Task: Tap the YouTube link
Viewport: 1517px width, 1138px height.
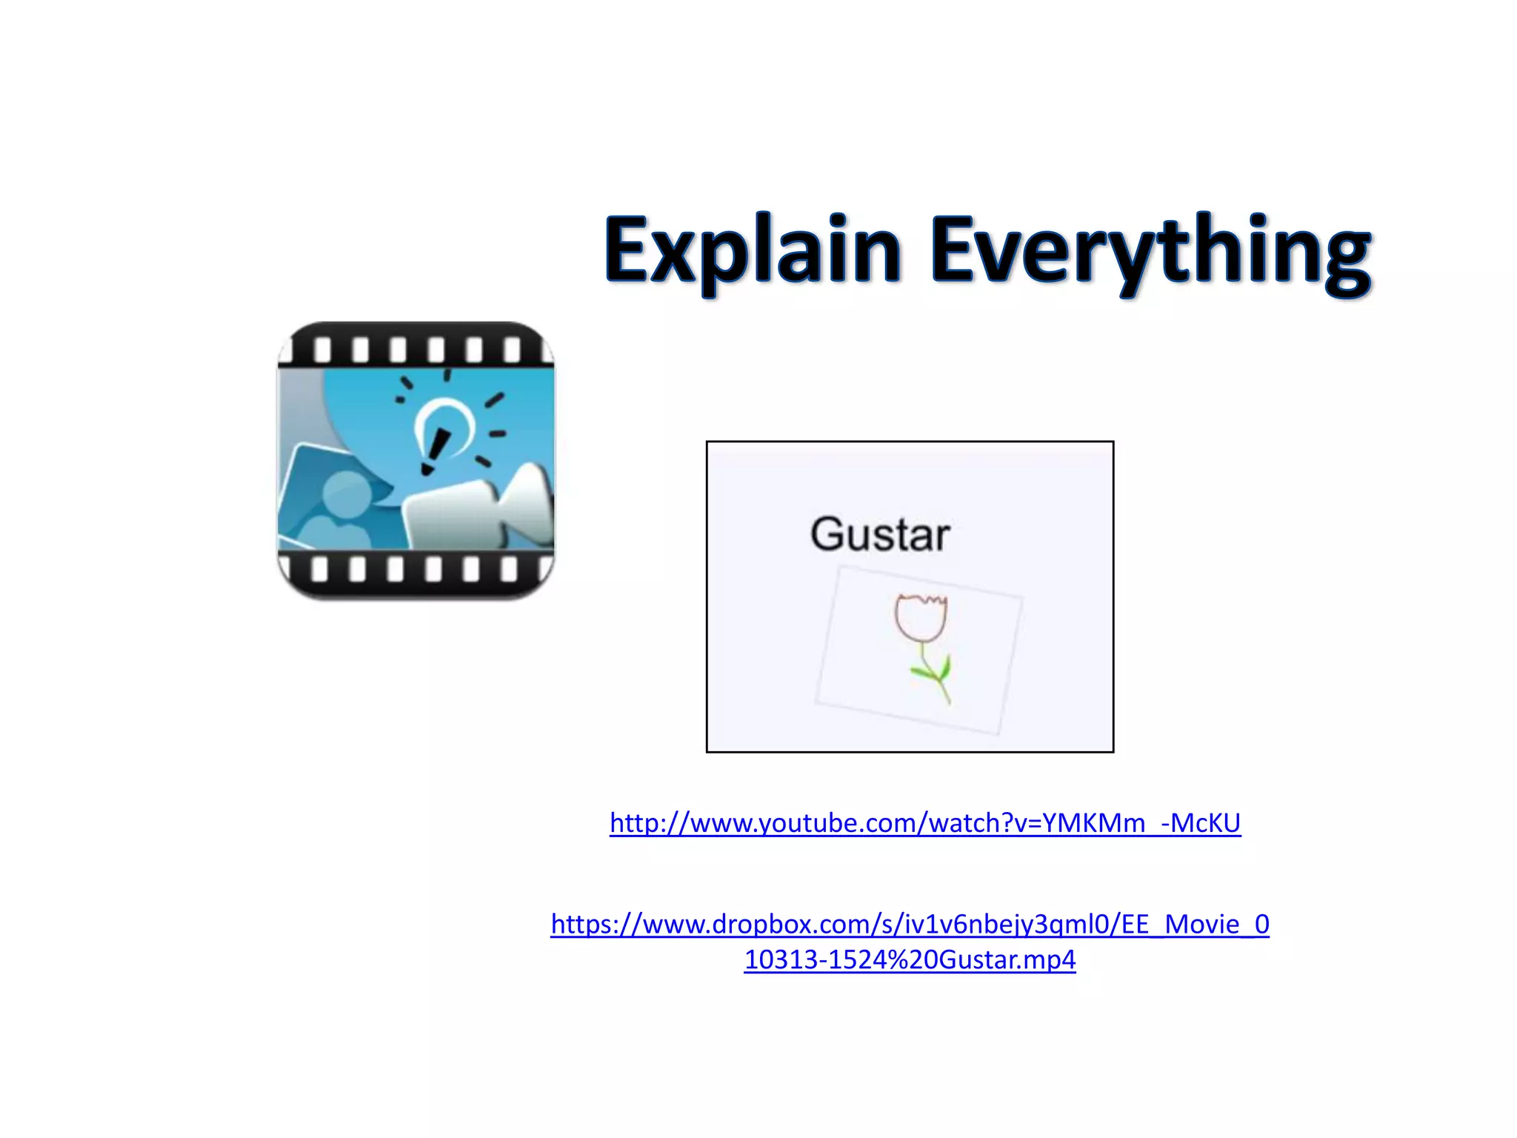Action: (924, 823)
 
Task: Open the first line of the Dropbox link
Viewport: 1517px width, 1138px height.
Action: (910, 924)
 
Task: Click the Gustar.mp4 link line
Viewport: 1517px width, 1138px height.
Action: (910, 959)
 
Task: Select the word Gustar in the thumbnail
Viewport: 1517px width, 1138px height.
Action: (880, 534)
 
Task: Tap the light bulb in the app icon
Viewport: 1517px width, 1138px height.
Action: (444, 430)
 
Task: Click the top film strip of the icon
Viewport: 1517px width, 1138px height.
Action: (416, 347)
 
